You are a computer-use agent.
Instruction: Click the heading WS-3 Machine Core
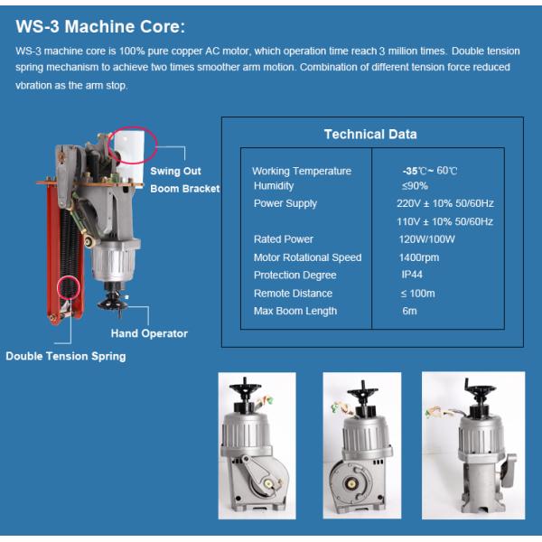(100, 26)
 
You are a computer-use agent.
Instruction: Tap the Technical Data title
(370, 134)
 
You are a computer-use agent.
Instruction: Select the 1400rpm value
(418, 257)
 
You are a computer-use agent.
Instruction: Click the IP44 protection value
(412, 275)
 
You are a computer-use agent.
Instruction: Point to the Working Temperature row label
(302, 171)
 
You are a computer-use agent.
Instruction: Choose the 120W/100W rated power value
(426, 239)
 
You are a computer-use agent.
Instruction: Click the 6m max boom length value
(409, 311)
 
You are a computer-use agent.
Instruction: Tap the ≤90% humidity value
(415, 186)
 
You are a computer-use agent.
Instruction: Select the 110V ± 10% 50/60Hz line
(444, 221)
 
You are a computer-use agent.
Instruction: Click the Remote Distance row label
(293, 294)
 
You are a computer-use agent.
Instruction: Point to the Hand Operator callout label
(149, 333)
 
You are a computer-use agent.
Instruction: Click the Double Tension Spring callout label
(66, 357)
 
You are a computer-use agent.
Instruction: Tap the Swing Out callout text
(175, 171)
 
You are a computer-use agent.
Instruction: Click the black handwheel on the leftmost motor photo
(245, 388)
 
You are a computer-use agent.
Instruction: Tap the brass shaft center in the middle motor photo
(351, 484)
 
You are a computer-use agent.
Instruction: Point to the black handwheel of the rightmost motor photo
(480, 392)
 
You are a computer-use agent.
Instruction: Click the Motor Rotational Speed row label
(307, 257)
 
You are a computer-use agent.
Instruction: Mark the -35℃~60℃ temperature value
(430, 171)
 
